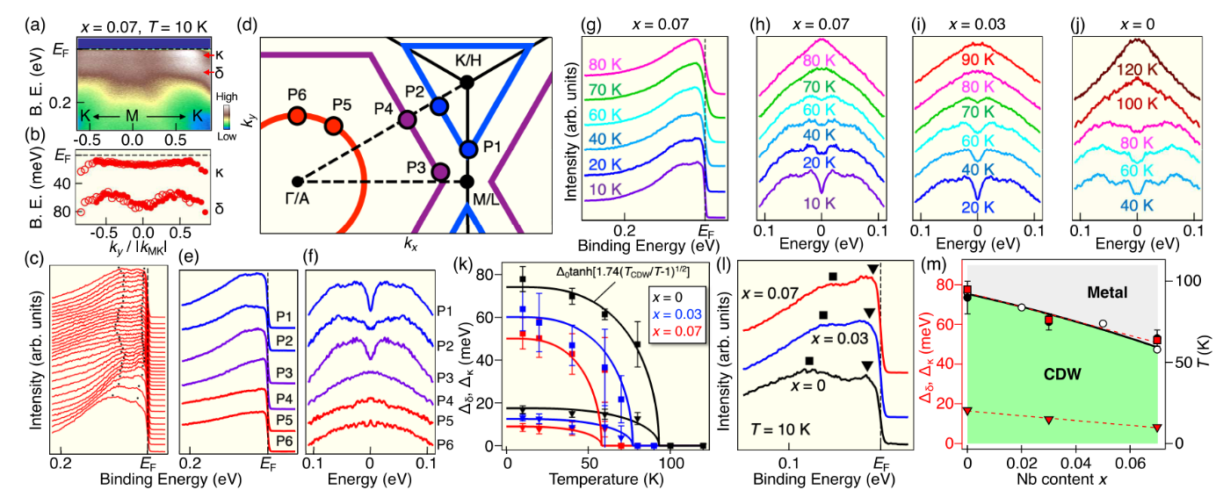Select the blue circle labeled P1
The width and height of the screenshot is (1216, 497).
point(467,148)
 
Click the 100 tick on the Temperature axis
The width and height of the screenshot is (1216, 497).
point(672,461)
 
